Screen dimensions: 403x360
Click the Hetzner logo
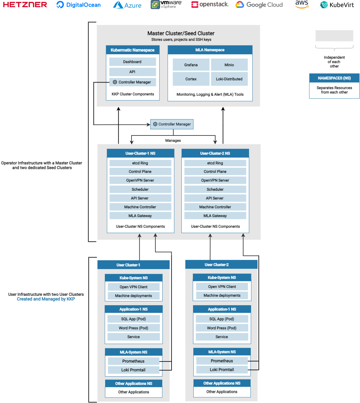pyautogui.click(x=25, y=5)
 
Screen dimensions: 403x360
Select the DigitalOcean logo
pyautogui.click(x=78, y=5)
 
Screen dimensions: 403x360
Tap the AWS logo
pyautogui.click(x=302, y=4)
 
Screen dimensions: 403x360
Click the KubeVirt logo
pyautogui.click(x=337, y=5)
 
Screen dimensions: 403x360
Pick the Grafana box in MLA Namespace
pyautogui.click(x=191, y=65)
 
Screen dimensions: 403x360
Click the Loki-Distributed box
pyautogui.click(x=229, y=79)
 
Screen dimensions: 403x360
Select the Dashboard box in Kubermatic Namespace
pyautogui.click(x=132, y=62)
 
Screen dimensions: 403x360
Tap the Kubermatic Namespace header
pyautogui.click(x=132, y=50)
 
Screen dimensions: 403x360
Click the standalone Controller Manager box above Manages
pyautogui.click(x=172, y=124)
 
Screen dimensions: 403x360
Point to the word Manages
pyautogui.click(x=173, y=141)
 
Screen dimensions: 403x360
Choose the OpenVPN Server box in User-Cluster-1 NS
pyautogui.click(x=140, y=180)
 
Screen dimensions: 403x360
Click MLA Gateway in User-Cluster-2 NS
pyautogui.click(x=215, y=216)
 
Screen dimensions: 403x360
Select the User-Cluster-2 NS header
pyautogui.click(x=215, y=153)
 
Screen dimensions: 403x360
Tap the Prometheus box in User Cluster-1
pyautogui.click(x=133, y=361)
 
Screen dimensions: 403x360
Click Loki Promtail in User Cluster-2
pyautogui.click(x=222, y=370)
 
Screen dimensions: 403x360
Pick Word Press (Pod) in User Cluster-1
pyautogui.click(x=133, y=328)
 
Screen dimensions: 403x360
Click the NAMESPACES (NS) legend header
pyautogui.click(x=334, y=78)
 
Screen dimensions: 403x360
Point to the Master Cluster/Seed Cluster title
pyautogui.click(x=181, y=33)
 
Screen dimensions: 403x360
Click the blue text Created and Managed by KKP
pyautogui.click(x=46, y=299)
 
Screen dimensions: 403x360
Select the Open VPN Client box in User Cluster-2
pyautogui.click(x=222, y=287)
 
